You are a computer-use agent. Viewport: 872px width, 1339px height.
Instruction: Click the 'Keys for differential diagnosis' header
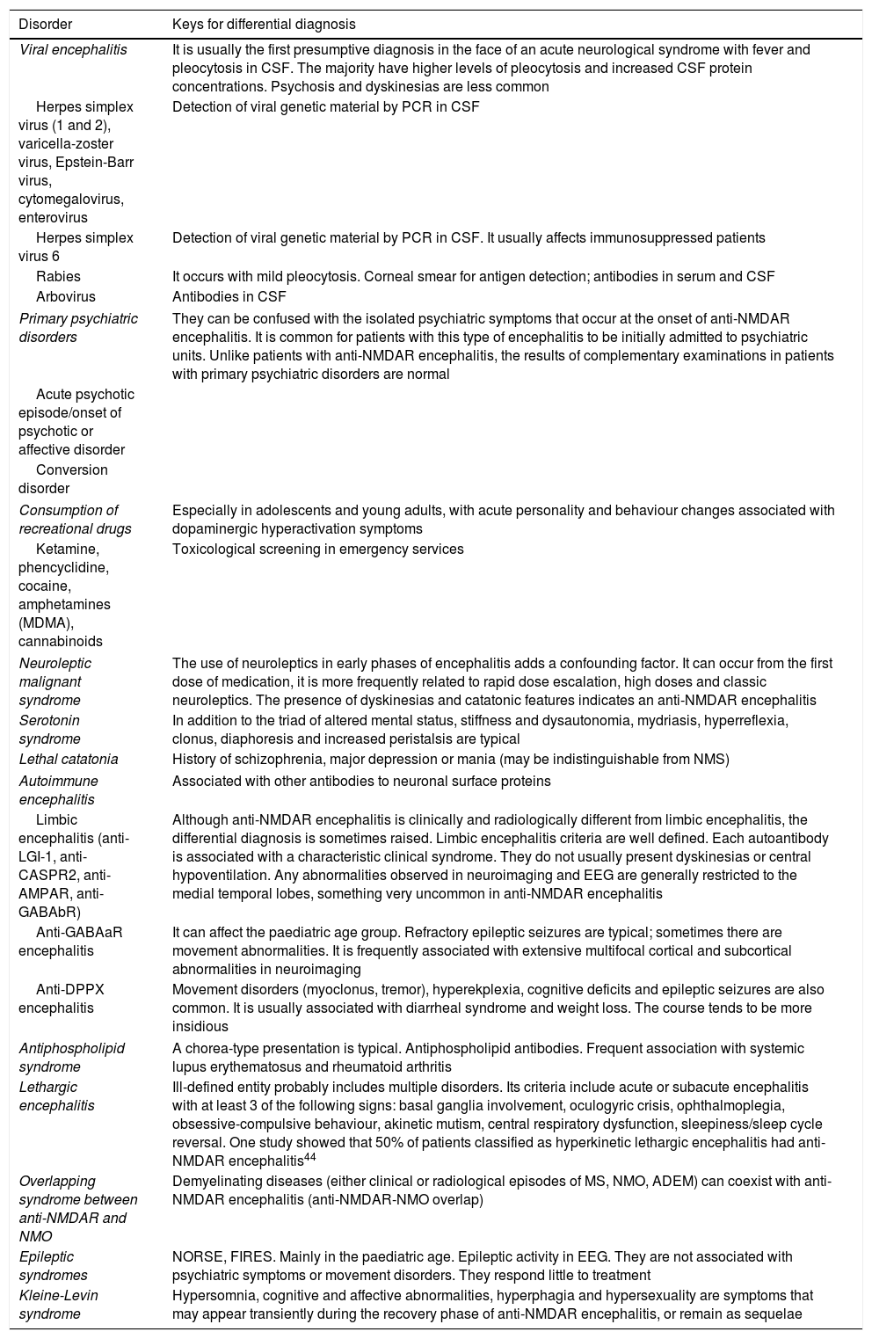point(264,24)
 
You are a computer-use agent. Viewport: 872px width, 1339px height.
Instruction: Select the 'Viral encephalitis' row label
point(73,50)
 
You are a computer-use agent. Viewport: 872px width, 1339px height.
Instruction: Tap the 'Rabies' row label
point(58,277)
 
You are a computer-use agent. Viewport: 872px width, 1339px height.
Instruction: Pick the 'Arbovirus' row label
point(66,296)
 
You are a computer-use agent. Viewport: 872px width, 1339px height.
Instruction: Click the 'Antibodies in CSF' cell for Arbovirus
point(229,296)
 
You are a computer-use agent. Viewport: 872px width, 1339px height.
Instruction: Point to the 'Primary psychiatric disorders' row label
point(78,328)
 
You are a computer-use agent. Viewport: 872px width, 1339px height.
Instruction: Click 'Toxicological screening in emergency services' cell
point(318,549)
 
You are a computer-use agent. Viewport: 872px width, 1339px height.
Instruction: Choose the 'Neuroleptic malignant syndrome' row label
point(55,682)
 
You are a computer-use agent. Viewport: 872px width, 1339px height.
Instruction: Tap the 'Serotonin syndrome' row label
point(50,730)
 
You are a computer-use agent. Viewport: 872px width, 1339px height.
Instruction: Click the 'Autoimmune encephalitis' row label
point(58,790)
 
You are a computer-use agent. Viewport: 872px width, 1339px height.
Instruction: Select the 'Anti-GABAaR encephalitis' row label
point(70,941)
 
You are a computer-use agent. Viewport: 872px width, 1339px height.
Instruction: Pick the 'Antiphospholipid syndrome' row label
point(71,1058)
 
